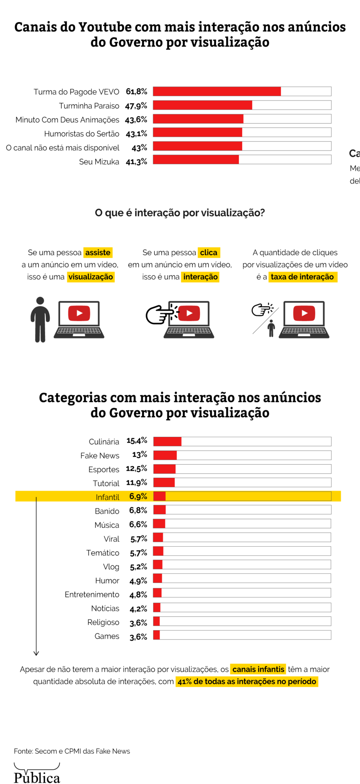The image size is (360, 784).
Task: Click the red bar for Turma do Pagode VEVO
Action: (x=217, y=91)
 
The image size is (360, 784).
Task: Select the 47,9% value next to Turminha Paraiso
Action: (x=136, y=106)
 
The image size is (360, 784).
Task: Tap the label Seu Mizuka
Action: (x=99, y=162)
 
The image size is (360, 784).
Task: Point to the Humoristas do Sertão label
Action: (x=81, y=134)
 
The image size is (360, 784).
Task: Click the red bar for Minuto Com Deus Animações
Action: (x=198, y=119)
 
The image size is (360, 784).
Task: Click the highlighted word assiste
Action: (x=98, y=253)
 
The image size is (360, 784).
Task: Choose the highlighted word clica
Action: (x=209, y=253)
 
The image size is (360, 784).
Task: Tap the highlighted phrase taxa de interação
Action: (x=302, y=277)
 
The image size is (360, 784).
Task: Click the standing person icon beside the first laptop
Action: (x=40, y=319)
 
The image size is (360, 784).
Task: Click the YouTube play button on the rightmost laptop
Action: (x=304, y=313)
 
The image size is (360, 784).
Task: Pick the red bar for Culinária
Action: (x=167, y=441)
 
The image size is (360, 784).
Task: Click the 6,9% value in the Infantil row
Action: (x=138, y=497)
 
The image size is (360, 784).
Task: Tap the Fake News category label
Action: (x=100, y=456)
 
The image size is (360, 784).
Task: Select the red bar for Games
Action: (x=156, y=635)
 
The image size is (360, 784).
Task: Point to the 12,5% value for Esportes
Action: (x=137, y=469)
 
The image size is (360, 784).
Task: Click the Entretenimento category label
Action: (x=92, y=595)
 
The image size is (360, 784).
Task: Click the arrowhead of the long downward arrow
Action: (x=36, y=653)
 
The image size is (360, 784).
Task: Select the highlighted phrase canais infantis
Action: (x=258, y=669)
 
